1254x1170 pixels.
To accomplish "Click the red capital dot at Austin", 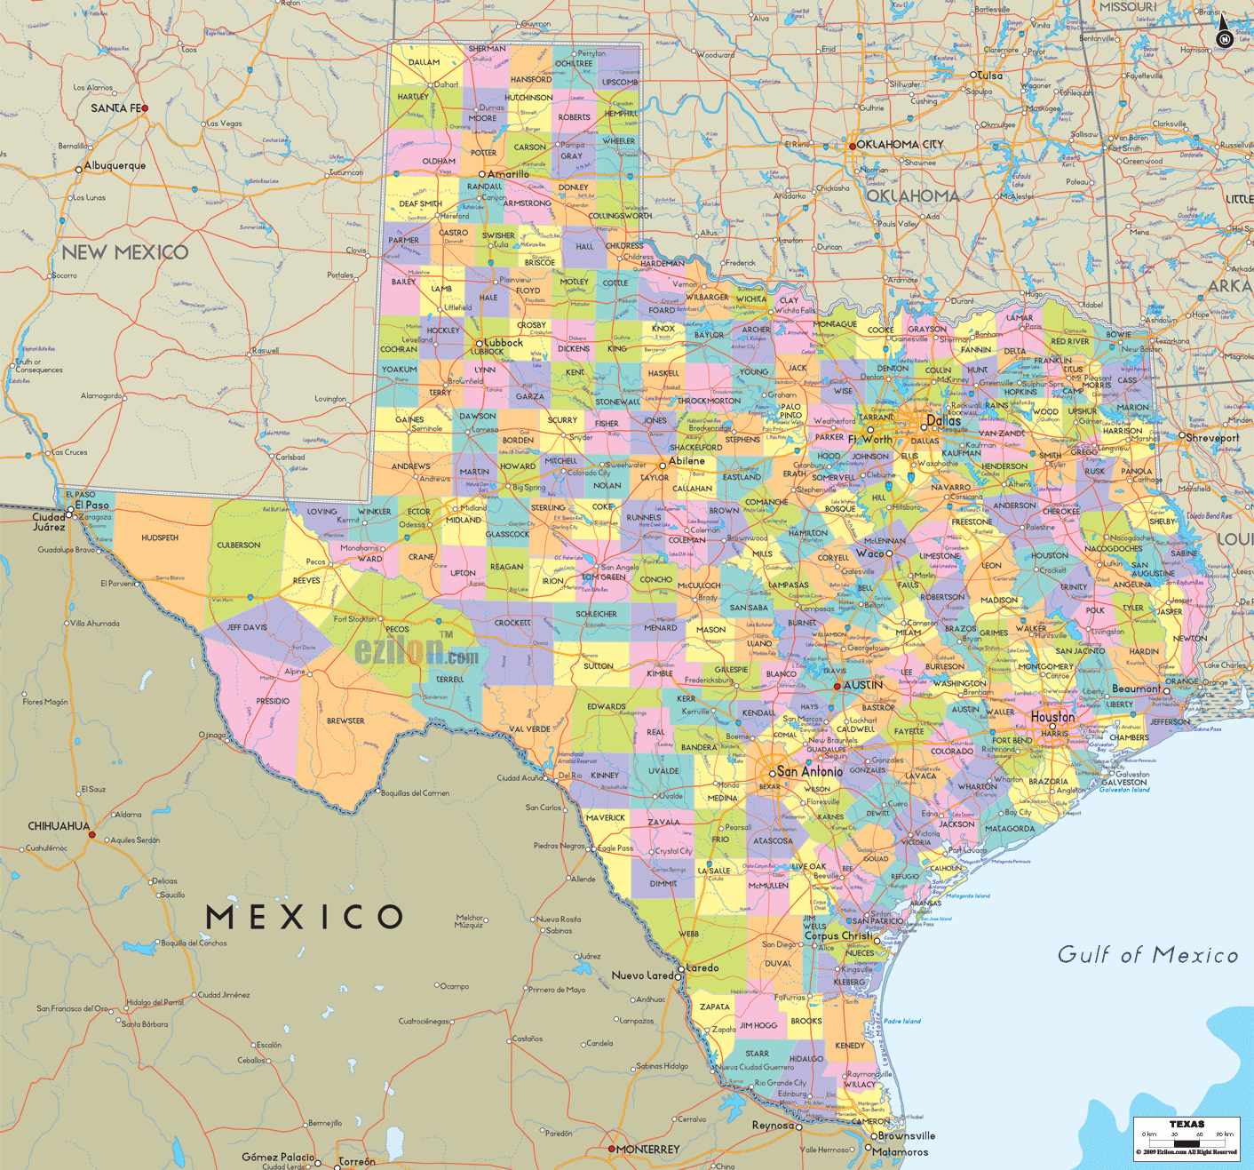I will pos(837,686).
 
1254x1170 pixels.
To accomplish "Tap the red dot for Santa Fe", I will pos(145,108).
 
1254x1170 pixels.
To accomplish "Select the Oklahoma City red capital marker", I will pos(853,146).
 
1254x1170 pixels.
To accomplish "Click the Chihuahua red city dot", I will pos(91,836).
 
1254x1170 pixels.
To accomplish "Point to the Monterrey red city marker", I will pos(611,1149).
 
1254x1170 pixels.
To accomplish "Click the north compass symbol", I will pos(1224,33).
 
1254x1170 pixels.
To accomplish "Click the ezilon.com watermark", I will pos(417,652).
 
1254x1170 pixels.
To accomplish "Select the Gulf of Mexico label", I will pos(1147,955).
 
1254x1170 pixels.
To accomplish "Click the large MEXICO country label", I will pos(305,917).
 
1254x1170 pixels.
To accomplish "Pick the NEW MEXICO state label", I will pos(125,252).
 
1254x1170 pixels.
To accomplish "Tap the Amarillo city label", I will pos(508,174).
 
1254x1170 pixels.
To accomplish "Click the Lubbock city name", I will pos(504,343).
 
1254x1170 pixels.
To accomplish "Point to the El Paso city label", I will pos(92,505).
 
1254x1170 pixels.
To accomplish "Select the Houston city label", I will pos(1053,717).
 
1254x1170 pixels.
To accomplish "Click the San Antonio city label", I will pos(809,771).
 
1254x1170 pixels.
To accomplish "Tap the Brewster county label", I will pos(345,720).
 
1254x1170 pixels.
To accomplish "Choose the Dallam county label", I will pos(424,62).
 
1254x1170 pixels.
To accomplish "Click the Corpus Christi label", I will pos(839,935).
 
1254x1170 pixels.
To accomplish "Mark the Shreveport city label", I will pos(1213,437).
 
